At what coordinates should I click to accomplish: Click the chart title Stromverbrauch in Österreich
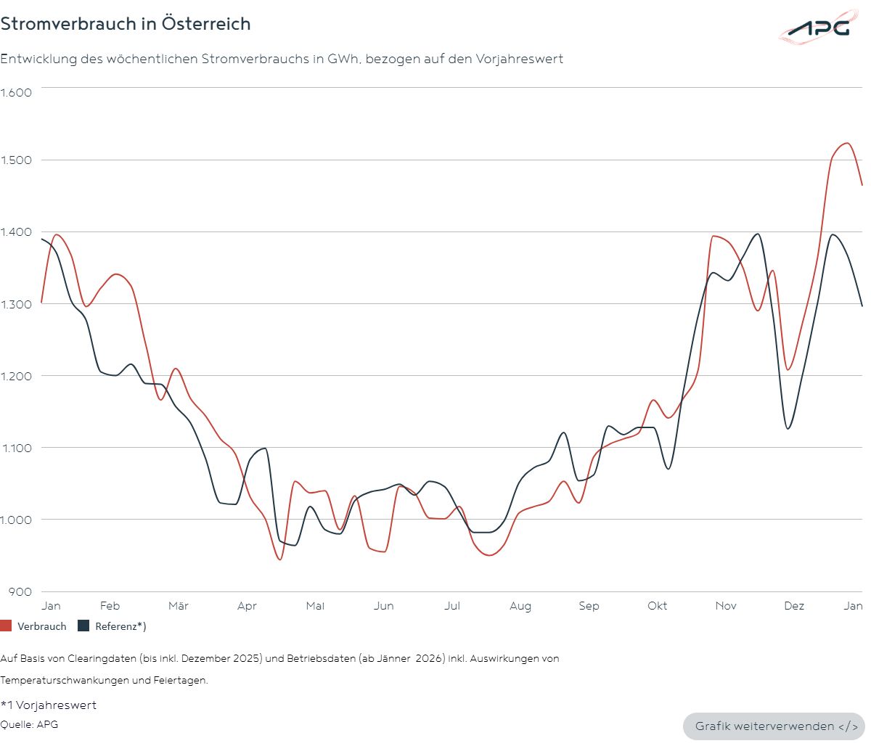coord(126,24)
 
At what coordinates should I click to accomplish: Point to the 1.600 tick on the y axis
coord(16,92)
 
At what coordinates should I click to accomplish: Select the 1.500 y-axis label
coord(16,160)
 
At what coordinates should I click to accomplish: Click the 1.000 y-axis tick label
coord(16,520)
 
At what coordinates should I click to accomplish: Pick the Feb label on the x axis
coord(110,606)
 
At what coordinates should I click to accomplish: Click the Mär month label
coord(178,606)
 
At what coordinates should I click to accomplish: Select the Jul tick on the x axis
coord(452,606)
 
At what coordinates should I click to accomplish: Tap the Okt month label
coord(658,606)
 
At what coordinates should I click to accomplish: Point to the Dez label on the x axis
coord(794,606)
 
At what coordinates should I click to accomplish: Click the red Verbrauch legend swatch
coord(6,626)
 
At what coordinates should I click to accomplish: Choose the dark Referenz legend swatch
coord(83,626)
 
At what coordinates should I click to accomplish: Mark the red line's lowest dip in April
coord(279,559)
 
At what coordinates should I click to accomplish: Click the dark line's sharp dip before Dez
coord(788,428)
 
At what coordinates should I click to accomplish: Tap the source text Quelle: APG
coord(29,724)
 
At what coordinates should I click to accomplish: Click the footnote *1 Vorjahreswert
coord(48,705)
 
